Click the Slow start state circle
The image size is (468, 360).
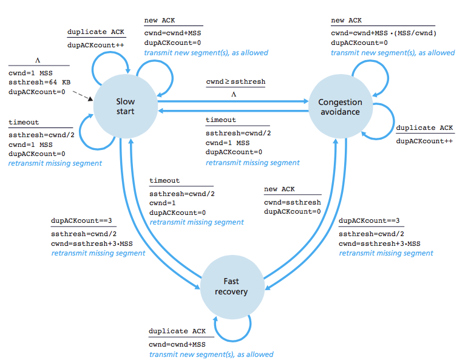[x=126, y=107]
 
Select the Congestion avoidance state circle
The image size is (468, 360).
[x=340, y=107]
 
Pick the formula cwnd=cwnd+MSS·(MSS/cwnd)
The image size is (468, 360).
[x=384, y=32]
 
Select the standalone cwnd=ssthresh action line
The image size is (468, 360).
[x=292, y=202]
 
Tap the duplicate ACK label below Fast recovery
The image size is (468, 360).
[x=177, y=331]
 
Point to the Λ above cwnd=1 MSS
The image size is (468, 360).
[x=38, y=61]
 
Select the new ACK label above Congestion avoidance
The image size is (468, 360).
[x=346, y=20]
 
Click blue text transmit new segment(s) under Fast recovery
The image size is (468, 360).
[x=211, y=355]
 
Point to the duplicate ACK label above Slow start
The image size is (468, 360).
[x=95, y=32]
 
